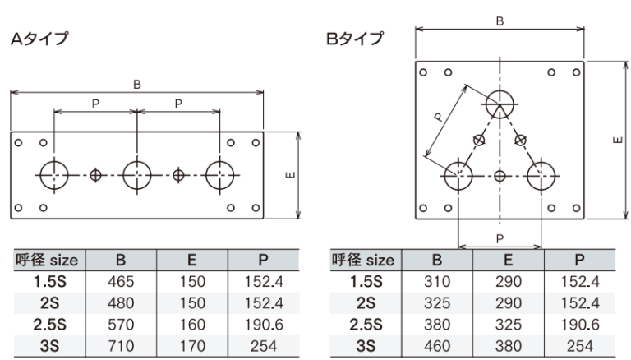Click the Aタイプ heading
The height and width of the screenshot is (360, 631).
(39, 38)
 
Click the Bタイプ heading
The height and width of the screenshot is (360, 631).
(354, 38)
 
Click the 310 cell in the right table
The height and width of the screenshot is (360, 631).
(437, 282)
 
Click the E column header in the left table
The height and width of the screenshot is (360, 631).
(190, 261)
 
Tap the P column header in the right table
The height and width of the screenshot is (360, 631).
(580, 261)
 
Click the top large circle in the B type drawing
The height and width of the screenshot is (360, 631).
(500, 104)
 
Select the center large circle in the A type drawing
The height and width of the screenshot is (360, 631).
(136, 175)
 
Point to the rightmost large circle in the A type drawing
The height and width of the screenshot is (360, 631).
(220, 175)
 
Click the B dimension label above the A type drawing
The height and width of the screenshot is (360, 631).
(137, 83)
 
